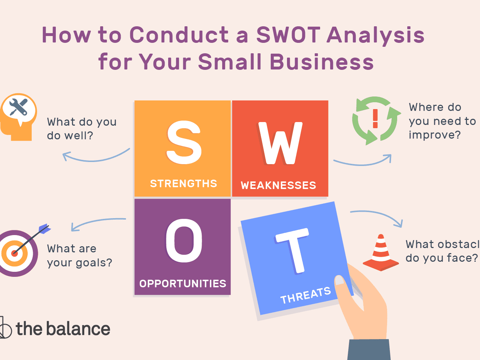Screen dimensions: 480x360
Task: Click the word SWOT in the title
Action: click(288, 35)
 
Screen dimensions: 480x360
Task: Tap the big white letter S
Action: click(184, 142)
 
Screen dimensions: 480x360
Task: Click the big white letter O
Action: click(184, 240)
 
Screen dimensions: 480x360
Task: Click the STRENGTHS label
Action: click(184, 184)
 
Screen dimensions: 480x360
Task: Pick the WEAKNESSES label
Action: click(278, 185)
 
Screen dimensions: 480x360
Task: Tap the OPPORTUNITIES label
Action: click(183, 284)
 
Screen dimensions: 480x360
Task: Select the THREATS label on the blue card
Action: click(306, 295)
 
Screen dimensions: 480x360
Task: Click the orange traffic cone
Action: click(381, 253)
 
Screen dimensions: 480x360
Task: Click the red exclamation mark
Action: click(375, 118)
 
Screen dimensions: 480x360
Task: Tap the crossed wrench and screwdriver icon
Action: click(19, 107)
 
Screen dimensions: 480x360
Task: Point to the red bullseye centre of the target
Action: click(14, 253)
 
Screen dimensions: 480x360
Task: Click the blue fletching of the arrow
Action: click(44, 229)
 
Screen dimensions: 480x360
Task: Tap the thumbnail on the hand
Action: click(340, 280)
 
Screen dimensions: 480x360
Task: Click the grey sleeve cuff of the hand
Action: click(369, 349)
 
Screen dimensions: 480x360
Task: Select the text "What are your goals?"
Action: click(80, 256)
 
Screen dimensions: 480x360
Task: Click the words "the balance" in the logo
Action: click(63, 329)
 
